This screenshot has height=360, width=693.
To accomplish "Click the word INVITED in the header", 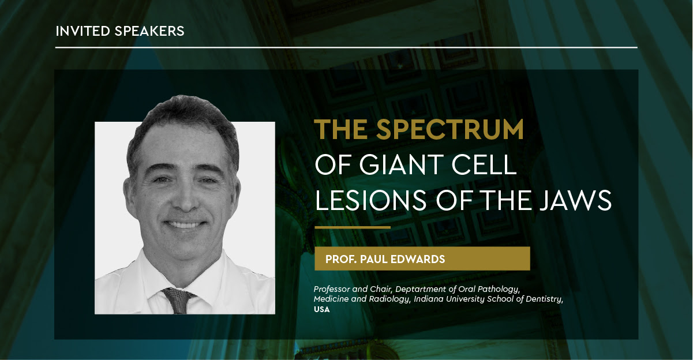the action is click(83, 31).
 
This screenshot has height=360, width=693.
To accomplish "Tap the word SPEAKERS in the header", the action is click(149, 31).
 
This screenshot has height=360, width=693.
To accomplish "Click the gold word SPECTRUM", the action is click(450, 129).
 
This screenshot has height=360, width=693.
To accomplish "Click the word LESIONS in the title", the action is click(370, 200).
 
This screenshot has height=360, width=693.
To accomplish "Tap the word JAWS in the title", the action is click(576, 200).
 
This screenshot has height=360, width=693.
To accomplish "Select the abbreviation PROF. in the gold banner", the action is click(341, 259).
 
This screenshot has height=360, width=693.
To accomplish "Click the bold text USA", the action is click(322, 310).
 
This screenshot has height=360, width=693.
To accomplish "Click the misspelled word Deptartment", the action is click(421, 290).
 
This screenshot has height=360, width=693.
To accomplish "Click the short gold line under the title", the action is click(353, 227).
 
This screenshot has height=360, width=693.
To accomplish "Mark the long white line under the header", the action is click(346, 47).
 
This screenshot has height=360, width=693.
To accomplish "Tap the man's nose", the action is click(186, 198).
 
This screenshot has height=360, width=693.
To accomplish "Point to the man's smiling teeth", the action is click(185, 224).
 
